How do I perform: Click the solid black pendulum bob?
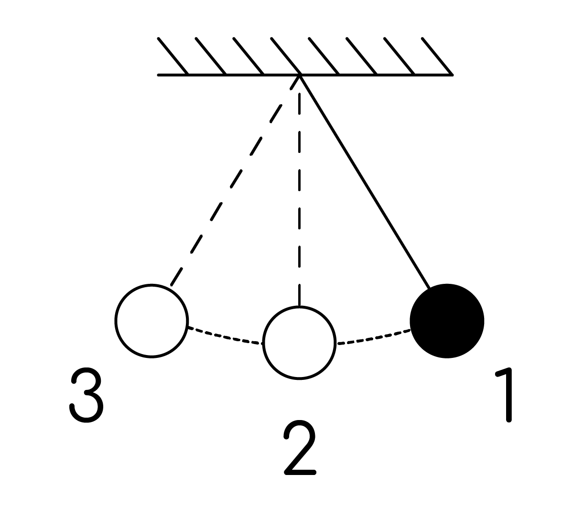[x=447, y=321]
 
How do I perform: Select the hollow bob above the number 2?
[x=300, y=342]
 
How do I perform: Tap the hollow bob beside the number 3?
[x=151, y=321]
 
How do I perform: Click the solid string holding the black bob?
[x=365, y=182]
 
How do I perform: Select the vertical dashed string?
[x=300, y=199]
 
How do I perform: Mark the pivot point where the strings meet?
[x=300, y=75]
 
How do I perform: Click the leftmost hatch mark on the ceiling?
[x=173, y=56]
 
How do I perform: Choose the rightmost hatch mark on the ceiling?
[x=437, y=56]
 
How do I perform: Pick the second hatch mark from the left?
[x=211, y=56]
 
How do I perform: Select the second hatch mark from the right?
[x=400, y=56]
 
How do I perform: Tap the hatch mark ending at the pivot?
[x=286, y=56]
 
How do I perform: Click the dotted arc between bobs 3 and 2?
[x=225, y=336]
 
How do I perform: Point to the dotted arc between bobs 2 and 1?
[x=374, y=337]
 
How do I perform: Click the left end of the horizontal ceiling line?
[x=158, y=75]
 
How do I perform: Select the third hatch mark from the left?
[x=249, y=56]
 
